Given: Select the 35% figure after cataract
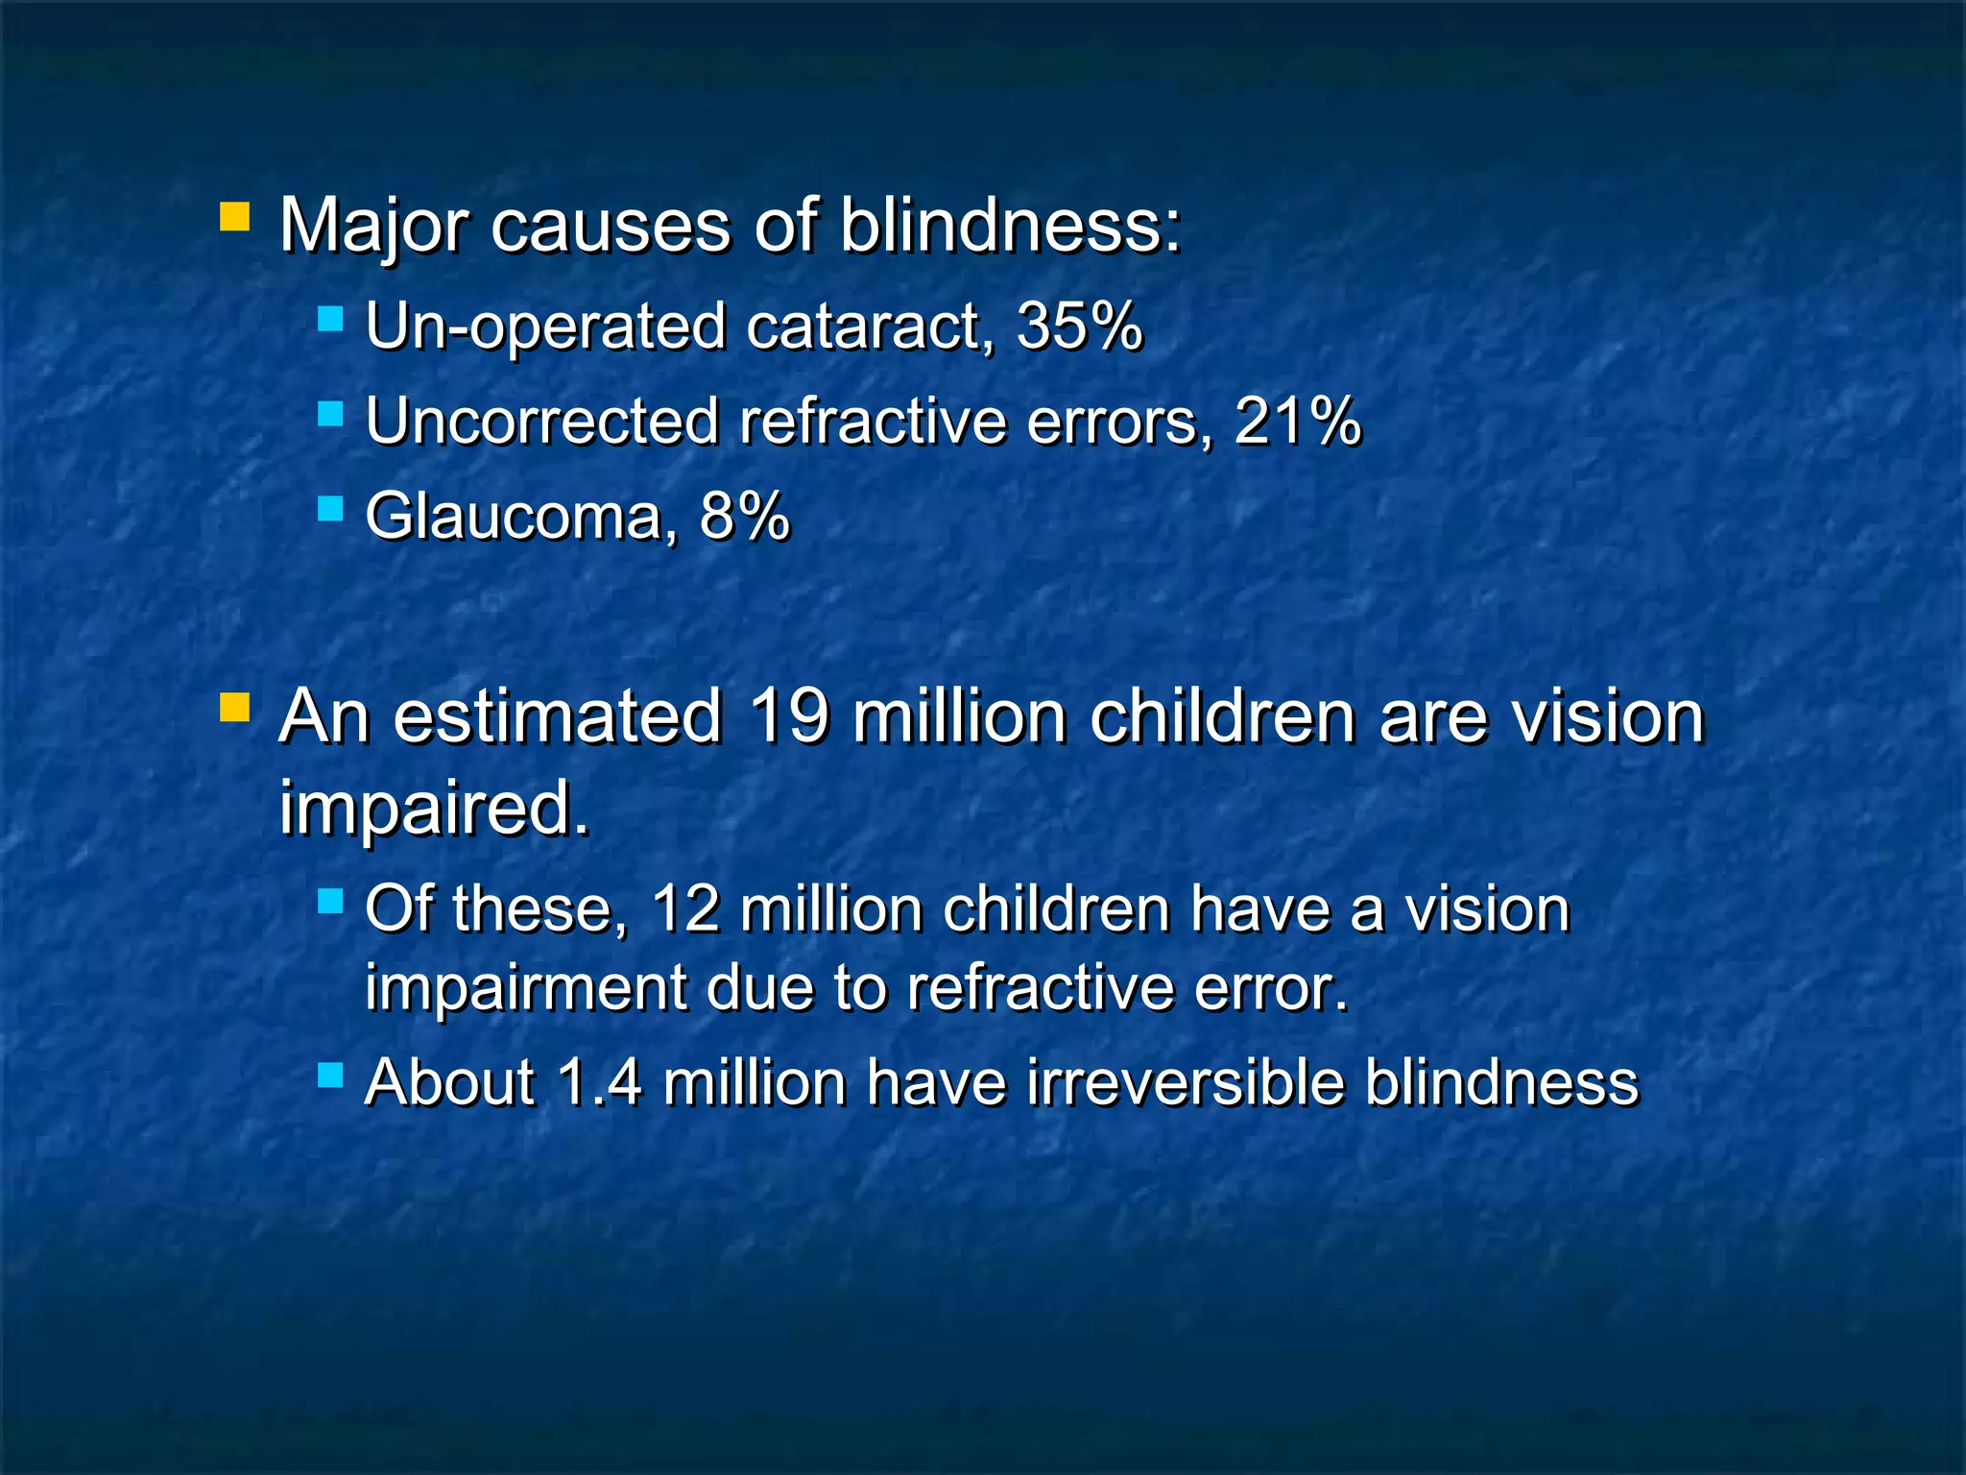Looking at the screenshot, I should point(1079,326).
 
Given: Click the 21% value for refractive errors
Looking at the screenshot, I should point(1297,422).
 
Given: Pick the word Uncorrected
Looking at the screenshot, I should point(542,422).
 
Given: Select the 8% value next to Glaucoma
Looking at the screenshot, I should point(744,517).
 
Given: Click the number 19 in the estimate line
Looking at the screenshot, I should point(786,716).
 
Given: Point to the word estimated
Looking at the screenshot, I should point(557,716).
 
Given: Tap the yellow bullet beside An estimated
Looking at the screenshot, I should point(234,708).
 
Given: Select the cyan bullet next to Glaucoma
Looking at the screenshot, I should point(330,508).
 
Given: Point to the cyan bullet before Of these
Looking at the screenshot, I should point(330,900).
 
